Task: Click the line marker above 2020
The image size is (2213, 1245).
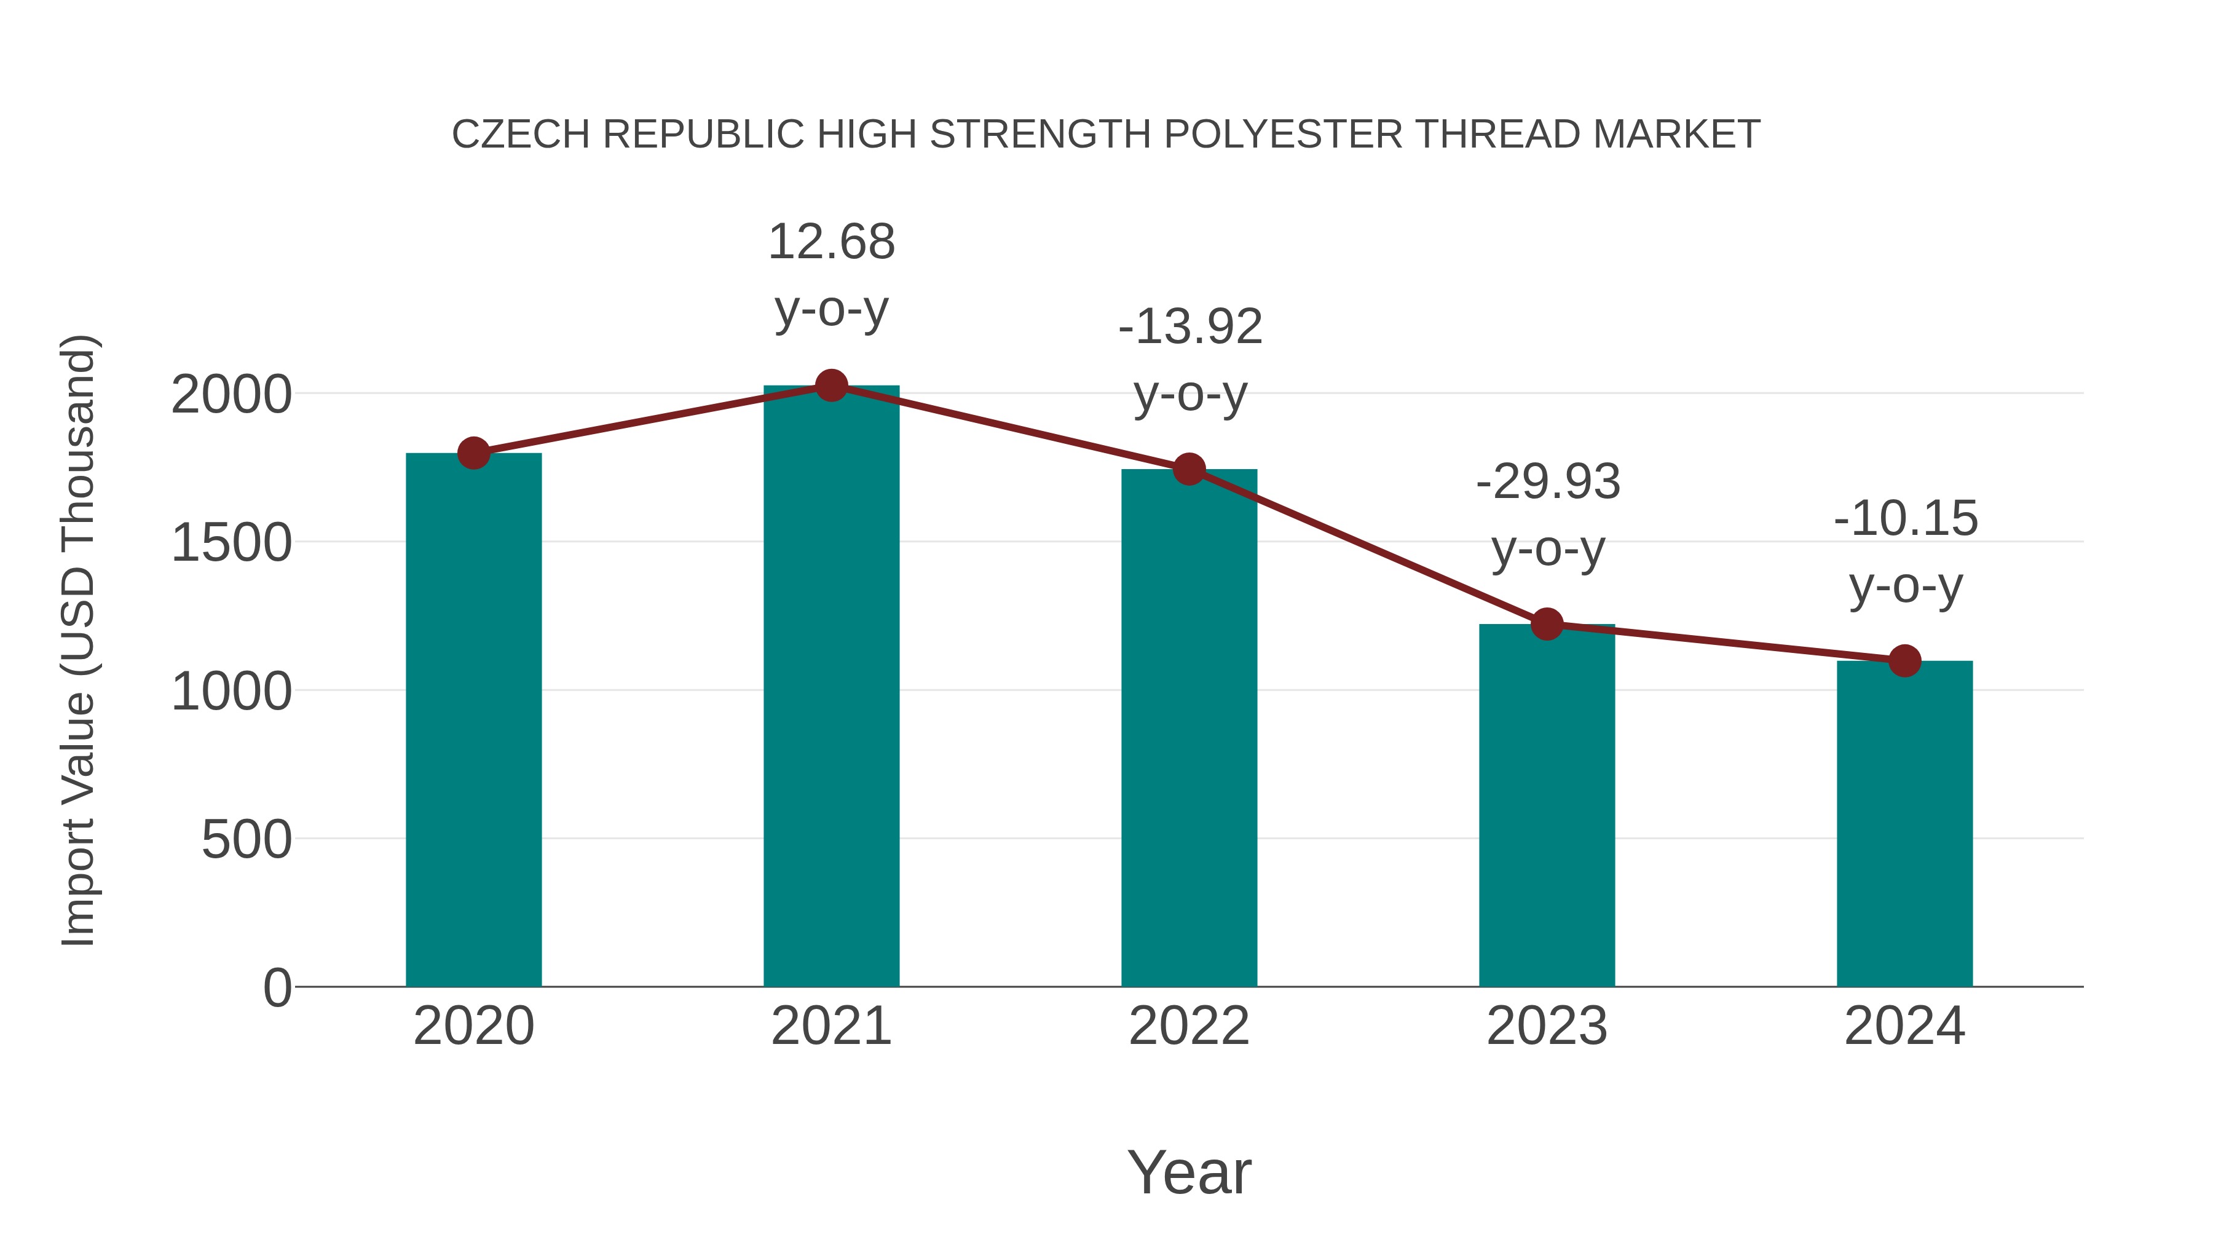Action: tap(473, 453)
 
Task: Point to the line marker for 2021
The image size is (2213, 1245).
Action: tap(830, 385)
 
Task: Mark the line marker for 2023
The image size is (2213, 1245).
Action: tap(1547, 625)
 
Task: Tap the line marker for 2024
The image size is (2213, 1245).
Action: tap(1904, 661)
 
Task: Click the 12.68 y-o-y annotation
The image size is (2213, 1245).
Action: tap(830, 274)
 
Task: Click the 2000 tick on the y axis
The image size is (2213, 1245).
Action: tap(231, 395)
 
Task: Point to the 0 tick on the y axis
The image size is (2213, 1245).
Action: tap(277, 987)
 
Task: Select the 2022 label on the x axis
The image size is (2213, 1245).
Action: tap(1189, 1026)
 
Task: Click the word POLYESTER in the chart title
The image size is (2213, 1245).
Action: tap(1282, 134)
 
